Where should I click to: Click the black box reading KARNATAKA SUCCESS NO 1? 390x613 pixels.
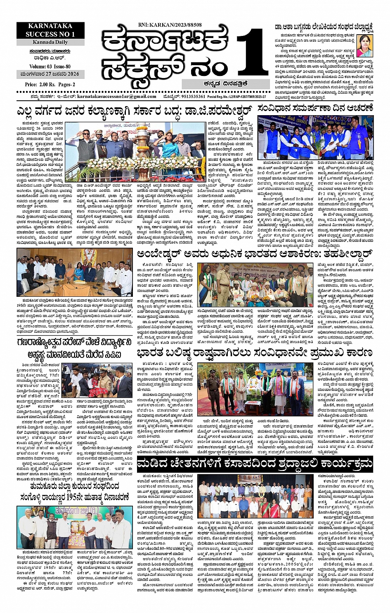coord(51,31)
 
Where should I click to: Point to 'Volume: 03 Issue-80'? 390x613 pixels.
coord(50,66)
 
